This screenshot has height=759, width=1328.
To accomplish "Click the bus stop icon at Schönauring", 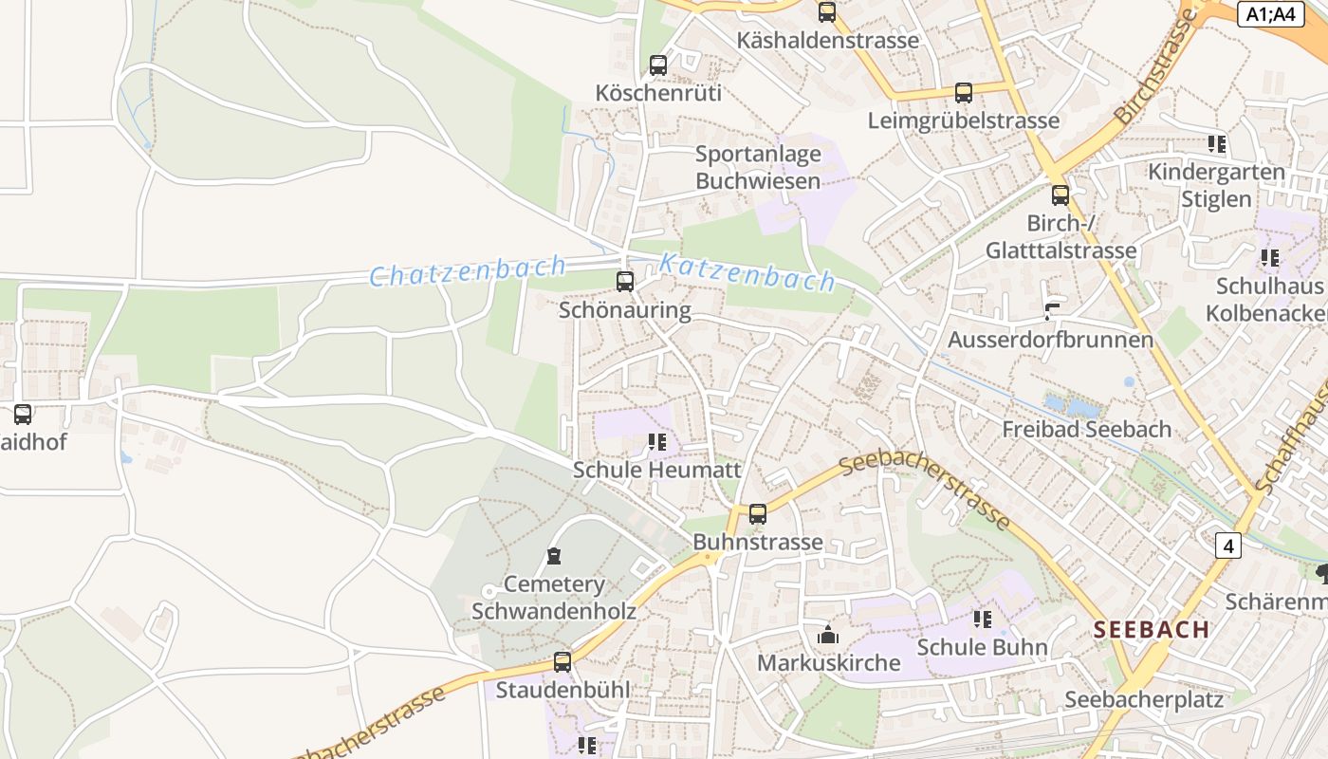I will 624,282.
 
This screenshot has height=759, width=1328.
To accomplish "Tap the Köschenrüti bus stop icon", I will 657,65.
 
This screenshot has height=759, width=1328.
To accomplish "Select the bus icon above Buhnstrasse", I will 757,514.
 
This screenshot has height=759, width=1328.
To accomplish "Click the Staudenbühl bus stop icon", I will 563,661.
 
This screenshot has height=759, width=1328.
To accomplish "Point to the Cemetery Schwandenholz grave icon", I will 554,556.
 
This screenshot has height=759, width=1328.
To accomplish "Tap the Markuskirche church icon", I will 828,635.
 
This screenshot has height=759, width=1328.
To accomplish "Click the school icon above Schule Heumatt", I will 656,442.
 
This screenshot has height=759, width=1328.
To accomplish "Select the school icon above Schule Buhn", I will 982,620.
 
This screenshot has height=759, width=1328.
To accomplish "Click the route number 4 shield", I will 1228,546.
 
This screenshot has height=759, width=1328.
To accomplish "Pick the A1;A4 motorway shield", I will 1270,13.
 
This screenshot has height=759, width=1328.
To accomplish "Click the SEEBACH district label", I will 1151,629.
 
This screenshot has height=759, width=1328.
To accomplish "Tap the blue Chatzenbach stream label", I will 468,270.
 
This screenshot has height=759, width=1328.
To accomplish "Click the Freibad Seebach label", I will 1086,429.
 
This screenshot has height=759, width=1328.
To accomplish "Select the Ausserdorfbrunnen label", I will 1050,339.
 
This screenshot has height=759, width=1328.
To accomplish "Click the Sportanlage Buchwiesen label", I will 757,167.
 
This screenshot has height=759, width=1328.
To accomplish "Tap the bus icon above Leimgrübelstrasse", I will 964,93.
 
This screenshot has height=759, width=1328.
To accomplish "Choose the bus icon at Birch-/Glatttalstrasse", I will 1060,195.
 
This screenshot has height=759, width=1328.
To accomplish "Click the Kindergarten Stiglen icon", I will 1216,144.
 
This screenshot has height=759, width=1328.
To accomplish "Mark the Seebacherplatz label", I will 1143,699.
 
